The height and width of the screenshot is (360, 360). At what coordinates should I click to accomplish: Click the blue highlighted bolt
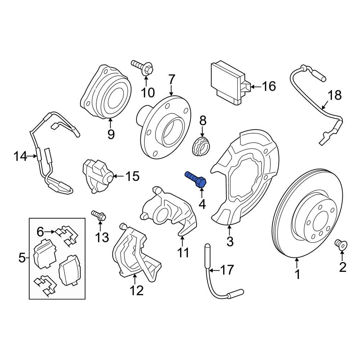(x=195, y=179)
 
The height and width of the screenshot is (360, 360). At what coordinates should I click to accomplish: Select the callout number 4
(x=202, y=204)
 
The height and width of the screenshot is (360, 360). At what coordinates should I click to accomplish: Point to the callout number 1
(x=297, y=275)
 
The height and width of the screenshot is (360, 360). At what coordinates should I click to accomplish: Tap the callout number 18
(x=334, y=95)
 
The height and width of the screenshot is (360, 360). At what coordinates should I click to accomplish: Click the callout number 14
(x=21, y=157)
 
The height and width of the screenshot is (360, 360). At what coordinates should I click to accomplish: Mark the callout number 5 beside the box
(x=21, y=258)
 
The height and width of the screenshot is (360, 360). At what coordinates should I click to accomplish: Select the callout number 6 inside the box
(x=40, y=231)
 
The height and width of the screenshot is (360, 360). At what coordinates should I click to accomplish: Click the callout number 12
(x=137, y=290)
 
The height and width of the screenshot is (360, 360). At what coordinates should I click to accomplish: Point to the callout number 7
(x=171, y=79)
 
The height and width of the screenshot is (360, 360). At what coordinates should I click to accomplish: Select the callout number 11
(x=183, y=252)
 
